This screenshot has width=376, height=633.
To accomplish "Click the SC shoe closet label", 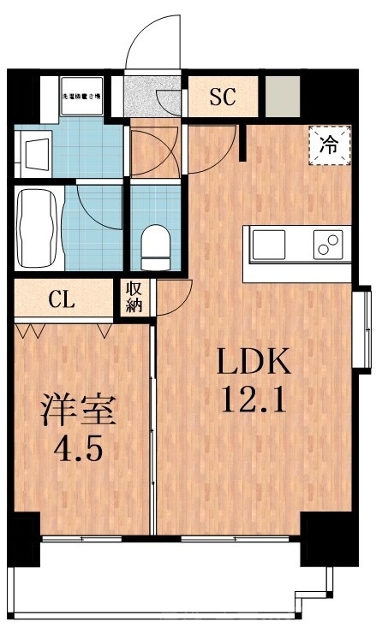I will tap(223, 96).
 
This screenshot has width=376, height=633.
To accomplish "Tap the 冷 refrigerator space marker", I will tap(328, 145).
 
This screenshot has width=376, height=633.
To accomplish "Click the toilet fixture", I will tap(155, 241).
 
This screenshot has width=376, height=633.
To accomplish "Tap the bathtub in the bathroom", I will tap(39, 228).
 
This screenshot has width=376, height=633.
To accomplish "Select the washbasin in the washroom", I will tap(36, 154).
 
